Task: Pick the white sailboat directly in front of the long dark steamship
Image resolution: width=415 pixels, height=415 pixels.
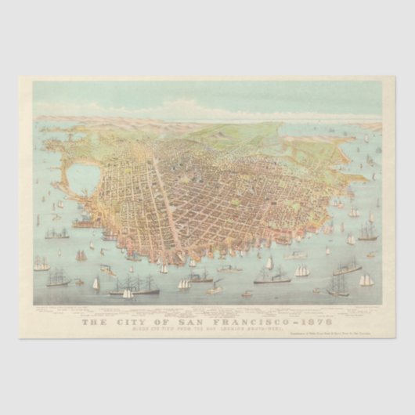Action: click(128, 294)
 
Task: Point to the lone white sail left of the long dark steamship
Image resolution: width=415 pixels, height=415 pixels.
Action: click(96, 283)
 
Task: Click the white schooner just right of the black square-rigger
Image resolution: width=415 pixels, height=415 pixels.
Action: click(366, 280)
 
